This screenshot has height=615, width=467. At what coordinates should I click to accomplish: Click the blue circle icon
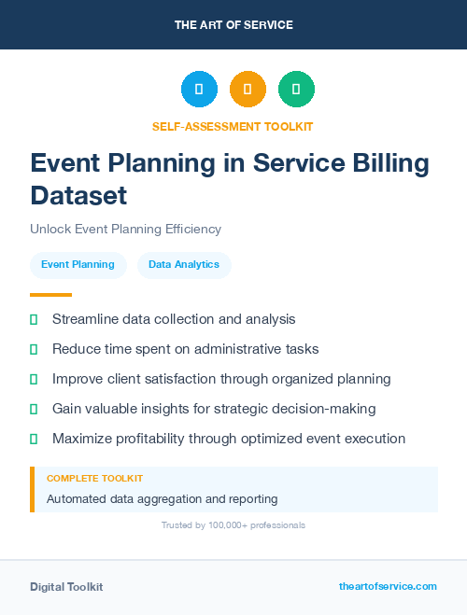pos(199,90)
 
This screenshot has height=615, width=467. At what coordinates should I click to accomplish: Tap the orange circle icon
pos(248,90)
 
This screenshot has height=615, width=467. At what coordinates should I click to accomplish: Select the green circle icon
pos(296,90)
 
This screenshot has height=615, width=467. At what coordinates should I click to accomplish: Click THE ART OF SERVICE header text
pos(233,25)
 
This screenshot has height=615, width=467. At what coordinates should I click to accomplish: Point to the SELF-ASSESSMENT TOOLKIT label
pos(233,126)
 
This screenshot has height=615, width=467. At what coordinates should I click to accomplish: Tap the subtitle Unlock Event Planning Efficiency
pos(125,229)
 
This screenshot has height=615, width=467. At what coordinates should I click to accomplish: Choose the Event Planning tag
pos(78,264)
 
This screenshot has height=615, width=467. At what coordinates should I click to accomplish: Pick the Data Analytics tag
pos(184,264)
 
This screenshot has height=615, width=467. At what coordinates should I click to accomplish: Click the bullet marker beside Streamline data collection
pos(34,319)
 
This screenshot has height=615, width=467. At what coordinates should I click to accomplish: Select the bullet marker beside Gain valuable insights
pos(34,409)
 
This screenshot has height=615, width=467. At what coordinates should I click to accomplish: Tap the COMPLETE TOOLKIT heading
pos(94,478)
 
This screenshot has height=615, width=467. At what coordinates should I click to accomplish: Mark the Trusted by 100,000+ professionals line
pos(233,525)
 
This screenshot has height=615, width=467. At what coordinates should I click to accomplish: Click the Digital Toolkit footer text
pos(66,587)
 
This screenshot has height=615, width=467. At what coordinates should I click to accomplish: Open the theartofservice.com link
pos(388,586)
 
